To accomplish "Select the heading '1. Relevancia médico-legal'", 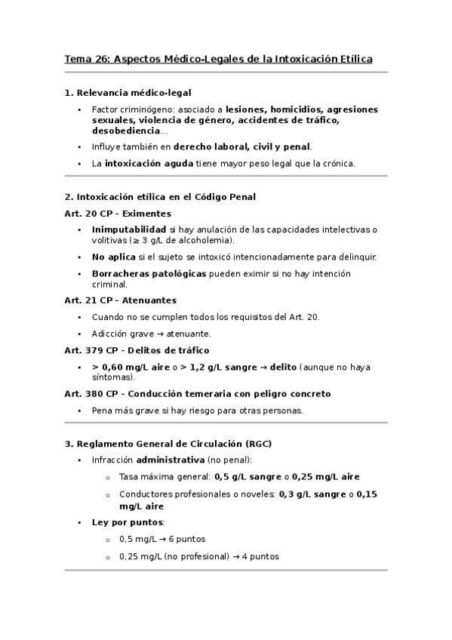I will point(128,93).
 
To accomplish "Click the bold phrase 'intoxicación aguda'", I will point(149,163).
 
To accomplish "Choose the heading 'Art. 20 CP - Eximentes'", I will point(118,214).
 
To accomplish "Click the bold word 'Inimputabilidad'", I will point(128,229).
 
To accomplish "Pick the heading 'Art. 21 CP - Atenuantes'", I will point(121,300).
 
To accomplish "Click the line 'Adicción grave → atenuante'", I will point(151,333).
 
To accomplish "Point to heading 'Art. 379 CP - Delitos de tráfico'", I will point(137,350).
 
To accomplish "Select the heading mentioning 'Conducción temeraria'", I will point(198,394).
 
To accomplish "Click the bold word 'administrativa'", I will point(170,460).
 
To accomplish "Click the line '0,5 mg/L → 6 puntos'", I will point(162,540).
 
